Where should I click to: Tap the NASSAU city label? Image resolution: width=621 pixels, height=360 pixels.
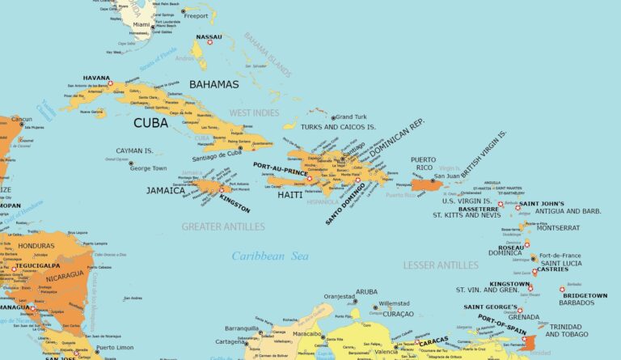point(209,37)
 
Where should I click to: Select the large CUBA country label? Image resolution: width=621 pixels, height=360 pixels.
point(150,123)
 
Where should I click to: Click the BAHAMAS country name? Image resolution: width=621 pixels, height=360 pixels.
point(213,84)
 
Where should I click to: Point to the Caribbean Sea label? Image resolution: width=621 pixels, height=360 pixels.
point(270,256)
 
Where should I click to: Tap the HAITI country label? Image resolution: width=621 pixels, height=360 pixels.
point(289,195)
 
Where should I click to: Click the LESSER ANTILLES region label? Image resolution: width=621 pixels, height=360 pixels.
point(440,265)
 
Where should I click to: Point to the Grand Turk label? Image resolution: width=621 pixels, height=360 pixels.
point(350,117)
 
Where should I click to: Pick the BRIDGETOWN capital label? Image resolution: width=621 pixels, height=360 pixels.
point(585,295)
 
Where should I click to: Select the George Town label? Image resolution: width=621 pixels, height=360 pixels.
point(150,168)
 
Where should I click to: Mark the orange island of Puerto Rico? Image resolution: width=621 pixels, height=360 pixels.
point(425,185)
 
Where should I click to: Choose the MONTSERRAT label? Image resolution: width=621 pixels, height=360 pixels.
point(558,228)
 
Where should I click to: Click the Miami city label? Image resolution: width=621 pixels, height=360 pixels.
point(142,25)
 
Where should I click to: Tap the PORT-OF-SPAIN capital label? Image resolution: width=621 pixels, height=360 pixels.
point(501,323)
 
